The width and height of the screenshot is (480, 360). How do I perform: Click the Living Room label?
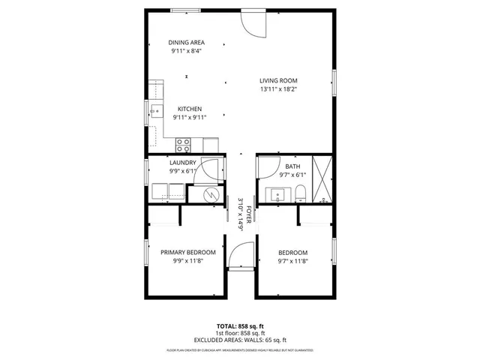279,81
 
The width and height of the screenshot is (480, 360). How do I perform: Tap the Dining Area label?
186,43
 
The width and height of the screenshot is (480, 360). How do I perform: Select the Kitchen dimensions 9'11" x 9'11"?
189,117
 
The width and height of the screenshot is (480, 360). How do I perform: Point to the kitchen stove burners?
183,142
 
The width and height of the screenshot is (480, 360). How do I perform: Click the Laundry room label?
183,163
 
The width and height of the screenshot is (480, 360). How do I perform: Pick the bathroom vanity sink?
278,195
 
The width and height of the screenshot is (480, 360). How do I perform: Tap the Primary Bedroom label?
188,253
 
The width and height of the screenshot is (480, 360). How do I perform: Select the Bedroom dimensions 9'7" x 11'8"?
292,261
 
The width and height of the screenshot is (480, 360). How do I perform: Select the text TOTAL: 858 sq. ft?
240,326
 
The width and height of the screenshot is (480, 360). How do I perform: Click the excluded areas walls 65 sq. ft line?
240,340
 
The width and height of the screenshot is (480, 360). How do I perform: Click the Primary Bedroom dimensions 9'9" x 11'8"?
188,261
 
